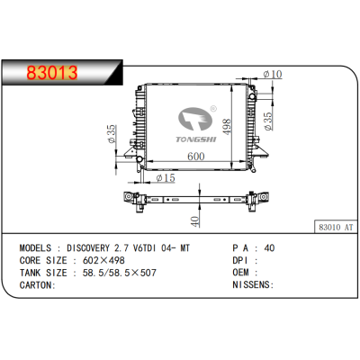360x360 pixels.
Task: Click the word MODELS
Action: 39,247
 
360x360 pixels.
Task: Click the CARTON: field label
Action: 38,284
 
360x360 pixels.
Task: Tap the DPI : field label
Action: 245,259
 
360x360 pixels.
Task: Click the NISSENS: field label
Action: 255,284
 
